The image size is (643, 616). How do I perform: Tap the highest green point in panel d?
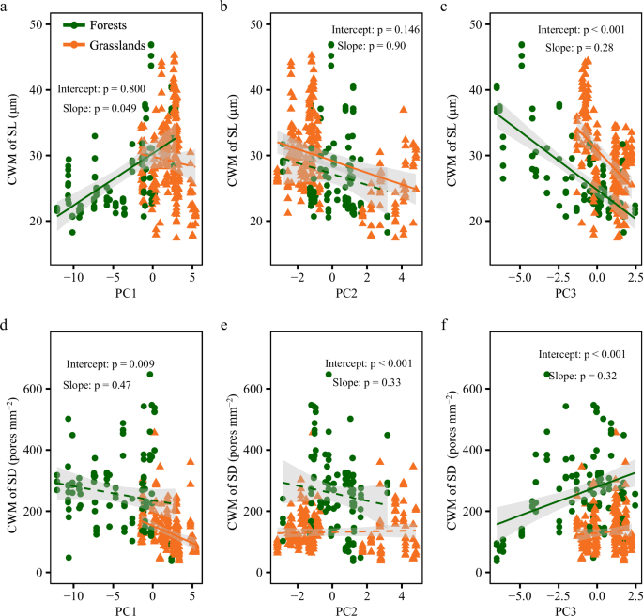point(150,374)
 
